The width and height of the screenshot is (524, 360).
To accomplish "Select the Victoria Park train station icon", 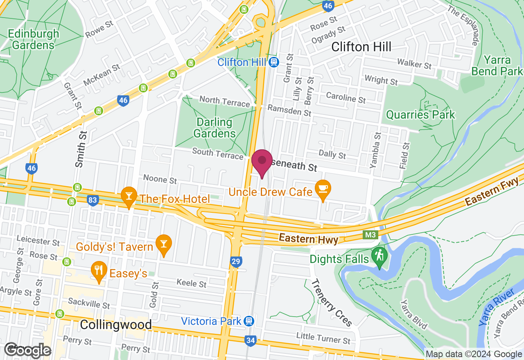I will pyautogui.click(x=248, y=321).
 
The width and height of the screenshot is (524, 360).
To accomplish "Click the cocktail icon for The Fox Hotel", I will pyautogui.click(x=129, y=197).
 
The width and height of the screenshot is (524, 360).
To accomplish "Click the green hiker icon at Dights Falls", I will pyautogui.click(x=379, y=256).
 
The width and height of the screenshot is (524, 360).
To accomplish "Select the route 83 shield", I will pyautogui.click(x=93, y=200).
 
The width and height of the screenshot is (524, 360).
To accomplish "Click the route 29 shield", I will pyautogui.click(x=236, y=262).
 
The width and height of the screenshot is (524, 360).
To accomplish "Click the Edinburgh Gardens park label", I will pyautogui.click(x=33, y=39).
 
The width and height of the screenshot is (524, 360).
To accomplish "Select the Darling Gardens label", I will pyautogui.click(x=215, y=128).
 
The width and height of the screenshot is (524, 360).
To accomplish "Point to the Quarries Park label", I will pyautogui.click(x=420, y=115).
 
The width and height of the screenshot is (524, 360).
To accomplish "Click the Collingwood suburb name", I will pyautogui.click(x=116, y=325).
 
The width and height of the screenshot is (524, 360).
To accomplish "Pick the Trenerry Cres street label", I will pyautogui.click(x=332, y=303).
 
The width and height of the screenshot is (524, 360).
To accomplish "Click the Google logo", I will pyautogui.click(x=28, y=350).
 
